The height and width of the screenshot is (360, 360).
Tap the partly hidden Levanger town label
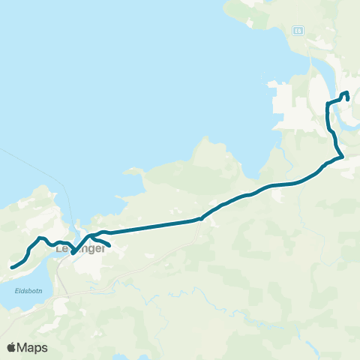79,249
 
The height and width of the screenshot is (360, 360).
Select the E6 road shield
298,31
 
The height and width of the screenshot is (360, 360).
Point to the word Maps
34,347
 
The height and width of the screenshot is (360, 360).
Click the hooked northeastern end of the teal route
348,98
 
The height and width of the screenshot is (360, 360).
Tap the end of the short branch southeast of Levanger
109,245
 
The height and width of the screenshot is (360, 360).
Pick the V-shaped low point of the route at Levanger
73,253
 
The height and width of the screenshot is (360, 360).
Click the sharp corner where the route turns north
342,157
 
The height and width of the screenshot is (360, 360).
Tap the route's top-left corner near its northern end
328,102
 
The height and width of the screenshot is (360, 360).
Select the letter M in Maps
25,347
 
